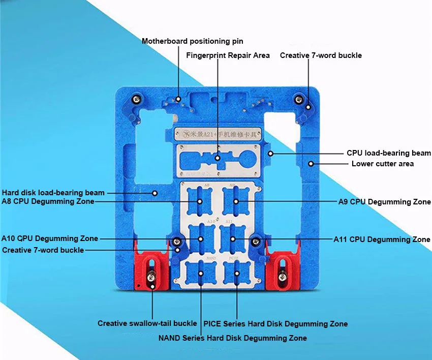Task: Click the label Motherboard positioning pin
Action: (192, 41)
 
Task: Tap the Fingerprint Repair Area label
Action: (228, 55)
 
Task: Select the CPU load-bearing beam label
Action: (388, 153)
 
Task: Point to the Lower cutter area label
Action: (382, 164)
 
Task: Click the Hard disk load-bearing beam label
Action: (53, 193)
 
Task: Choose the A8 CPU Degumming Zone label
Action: (48, 201)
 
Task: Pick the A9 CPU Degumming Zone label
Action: (384, 202)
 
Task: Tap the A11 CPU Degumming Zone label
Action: (381, 239)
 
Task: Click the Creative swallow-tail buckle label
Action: (147, 323)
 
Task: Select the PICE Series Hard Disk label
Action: (275, 324)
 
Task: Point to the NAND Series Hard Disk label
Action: (232, 338)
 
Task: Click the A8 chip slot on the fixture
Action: (200, 201)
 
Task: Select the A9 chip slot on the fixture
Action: (236, 201)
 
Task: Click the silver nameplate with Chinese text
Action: (218, 135)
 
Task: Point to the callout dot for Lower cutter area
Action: (311, 164)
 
